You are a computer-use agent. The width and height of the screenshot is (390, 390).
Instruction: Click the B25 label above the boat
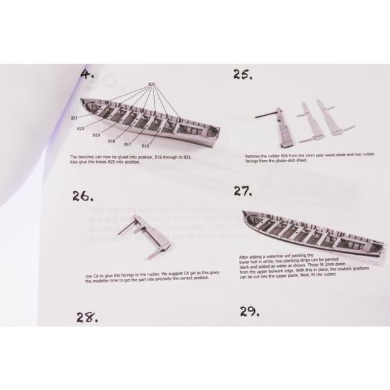point(151,84)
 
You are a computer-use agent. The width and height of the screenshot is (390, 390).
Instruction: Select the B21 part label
point(74,118)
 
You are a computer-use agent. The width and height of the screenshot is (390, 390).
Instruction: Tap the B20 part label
point(80,128)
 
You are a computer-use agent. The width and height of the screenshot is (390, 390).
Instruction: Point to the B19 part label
point(96,135)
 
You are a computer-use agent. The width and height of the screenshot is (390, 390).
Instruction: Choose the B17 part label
point(128,144)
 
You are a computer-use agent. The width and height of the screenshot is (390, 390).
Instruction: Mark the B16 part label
point(145,146)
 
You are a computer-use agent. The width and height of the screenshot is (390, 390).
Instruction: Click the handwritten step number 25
point(243,75)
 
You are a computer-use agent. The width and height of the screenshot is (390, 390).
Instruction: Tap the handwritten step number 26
point(84,196)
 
